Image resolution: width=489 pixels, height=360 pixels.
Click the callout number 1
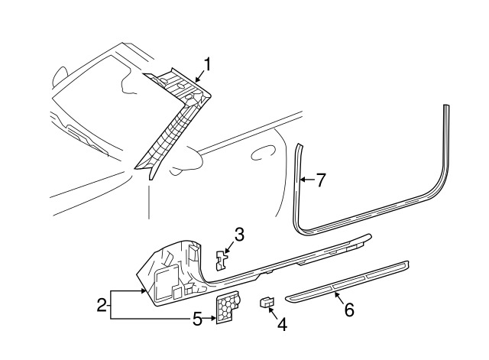207,65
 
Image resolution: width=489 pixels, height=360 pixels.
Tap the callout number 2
102,305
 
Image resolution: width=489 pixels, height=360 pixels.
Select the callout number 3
239,235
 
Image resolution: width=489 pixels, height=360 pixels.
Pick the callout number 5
197,319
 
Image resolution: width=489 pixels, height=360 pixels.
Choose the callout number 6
349,310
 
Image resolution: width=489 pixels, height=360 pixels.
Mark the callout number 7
320,180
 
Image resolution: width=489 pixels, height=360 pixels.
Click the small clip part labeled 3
221,259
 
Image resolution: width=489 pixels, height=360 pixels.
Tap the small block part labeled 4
267,302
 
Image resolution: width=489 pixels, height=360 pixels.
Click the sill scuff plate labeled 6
347,281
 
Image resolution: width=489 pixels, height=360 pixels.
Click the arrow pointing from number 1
200,76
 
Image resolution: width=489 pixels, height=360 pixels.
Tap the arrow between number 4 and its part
274,313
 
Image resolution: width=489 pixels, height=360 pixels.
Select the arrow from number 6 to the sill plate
339,297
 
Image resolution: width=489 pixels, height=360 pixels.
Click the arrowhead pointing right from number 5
214,319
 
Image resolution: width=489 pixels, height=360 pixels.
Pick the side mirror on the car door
186,161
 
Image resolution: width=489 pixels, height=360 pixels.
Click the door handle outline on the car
264,152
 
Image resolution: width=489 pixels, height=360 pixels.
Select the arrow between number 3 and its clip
229,248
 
